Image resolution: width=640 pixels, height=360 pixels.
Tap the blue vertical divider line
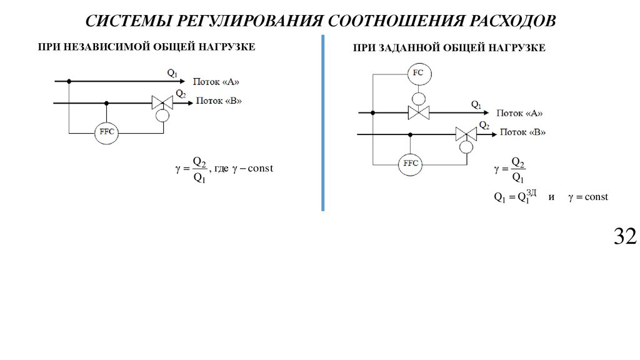[322, 125]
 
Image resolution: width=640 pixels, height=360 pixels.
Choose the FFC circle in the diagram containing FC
[411, 164]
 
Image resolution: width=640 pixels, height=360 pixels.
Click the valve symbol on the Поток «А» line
[418, 112]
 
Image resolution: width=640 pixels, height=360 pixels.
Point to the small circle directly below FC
[418, 98]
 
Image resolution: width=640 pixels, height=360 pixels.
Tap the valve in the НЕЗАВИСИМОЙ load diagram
[162, 103]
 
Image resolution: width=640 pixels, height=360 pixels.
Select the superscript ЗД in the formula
[532, 192]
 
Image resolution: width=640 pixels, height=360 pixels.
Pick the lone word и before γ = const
[551, 197]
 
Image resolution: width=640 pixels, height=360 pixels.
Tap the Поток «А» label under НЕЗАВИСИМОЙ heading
[216, 81]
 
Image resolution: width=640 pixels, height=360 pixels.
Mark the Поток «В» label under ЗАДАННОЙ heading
[523, 132]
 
